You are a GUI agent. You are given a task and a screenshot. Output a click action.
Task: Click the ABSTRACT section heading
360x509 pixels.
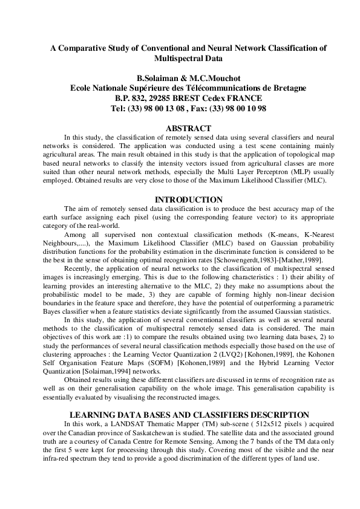188,128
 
